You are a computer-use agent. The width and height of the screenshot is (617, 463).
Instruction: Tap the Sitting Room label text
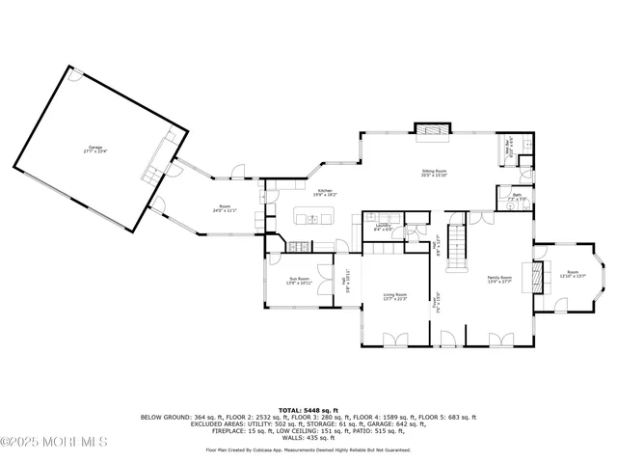[x=433, y=174]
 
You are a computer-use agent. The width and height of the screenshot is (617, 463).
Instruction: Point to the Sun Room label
[x=298, y=282]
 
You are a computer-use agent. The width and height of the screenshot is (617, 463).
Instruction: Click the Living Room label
[x=395, y=297]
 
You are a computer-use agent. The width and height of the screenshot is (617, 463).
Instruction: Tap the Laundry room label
[x=382, y=228]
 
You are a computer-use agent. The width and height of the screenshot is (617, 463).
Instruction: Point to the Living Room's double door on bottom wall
[x=395, y=340]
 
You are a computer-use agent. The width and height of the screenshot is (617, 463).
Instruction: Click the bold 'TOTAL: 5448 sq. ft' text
[x=308, y=410]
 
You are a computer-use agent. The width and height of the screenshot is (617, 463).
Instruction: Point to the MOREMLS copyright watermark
[x=54, y=442]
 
